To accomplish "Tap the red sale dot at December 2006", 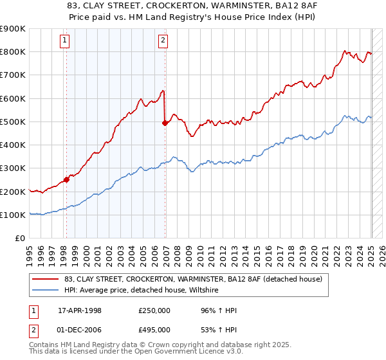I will point(165,123).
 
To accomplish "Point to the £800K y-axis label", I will point(13,52).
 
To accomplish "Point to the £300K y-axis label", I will point(13,168).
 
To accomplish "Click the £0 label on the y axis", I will point(20,239).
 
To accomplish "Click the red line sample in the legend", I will point(46,279).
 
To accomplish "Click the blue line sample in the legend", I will point(46,290).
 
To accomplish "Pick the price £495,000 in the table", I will point(154,329).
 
